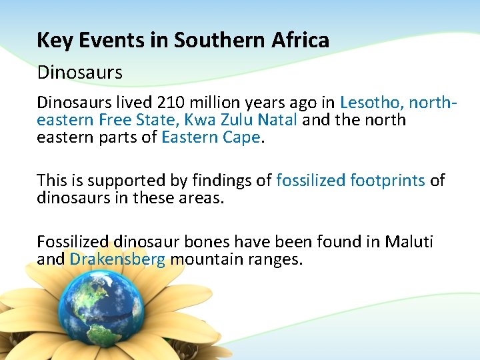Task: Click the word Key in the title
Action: (51, 41)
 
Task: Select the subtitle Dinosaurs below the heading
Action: (80, 72)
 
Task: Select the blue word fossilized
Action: (311, 180)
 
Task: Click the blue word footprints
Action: (387, 180)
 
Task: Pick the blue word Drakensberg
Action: (117, 259)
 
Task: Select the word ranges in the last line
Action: (275, 259)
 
